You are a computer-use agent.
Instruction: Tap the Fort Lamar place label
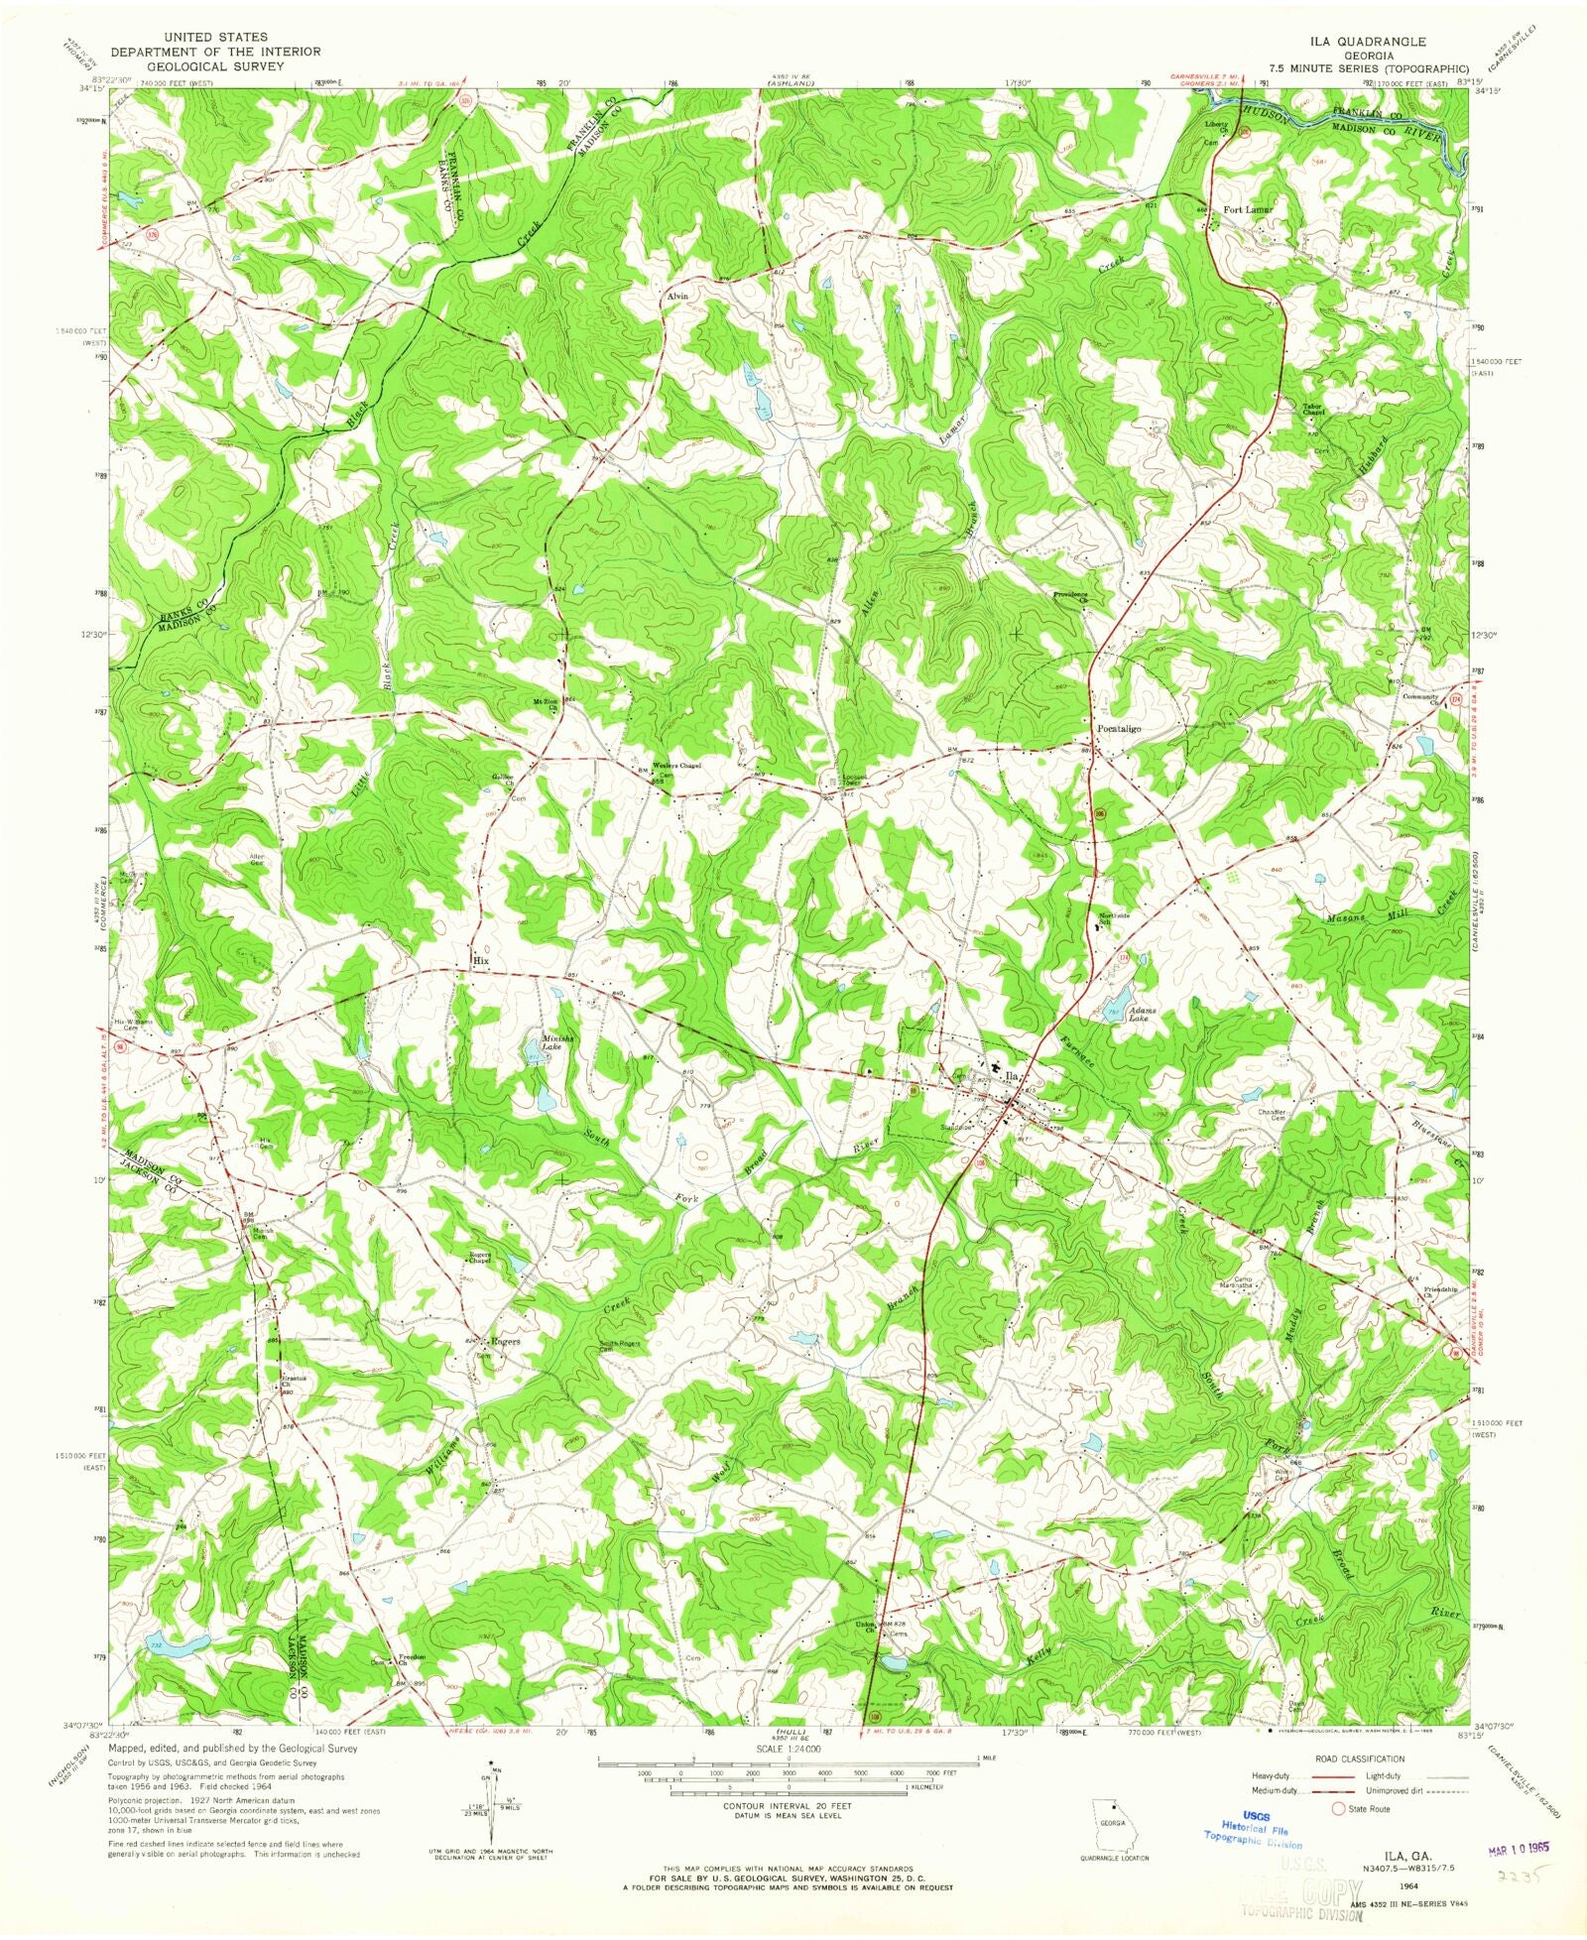[x=1247, y=210]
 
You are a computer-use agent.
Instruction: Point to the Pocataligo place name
[x=1119, y=729]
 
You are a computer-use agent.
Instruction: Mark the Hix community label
[x=481, y=961]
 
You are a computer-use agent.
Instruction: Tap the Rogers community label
[x=503, y=1341]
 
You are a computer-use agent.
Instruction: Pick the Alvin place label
[x=677, y=297]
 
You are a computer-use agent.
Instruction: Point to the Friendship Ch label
[x=1442, y=1292]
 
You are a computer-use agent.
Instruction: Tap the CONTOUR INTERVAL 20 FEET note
[x=789, y=1807]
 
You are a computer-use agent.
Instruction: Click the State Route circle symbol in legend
[x=1338, y=1808]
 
